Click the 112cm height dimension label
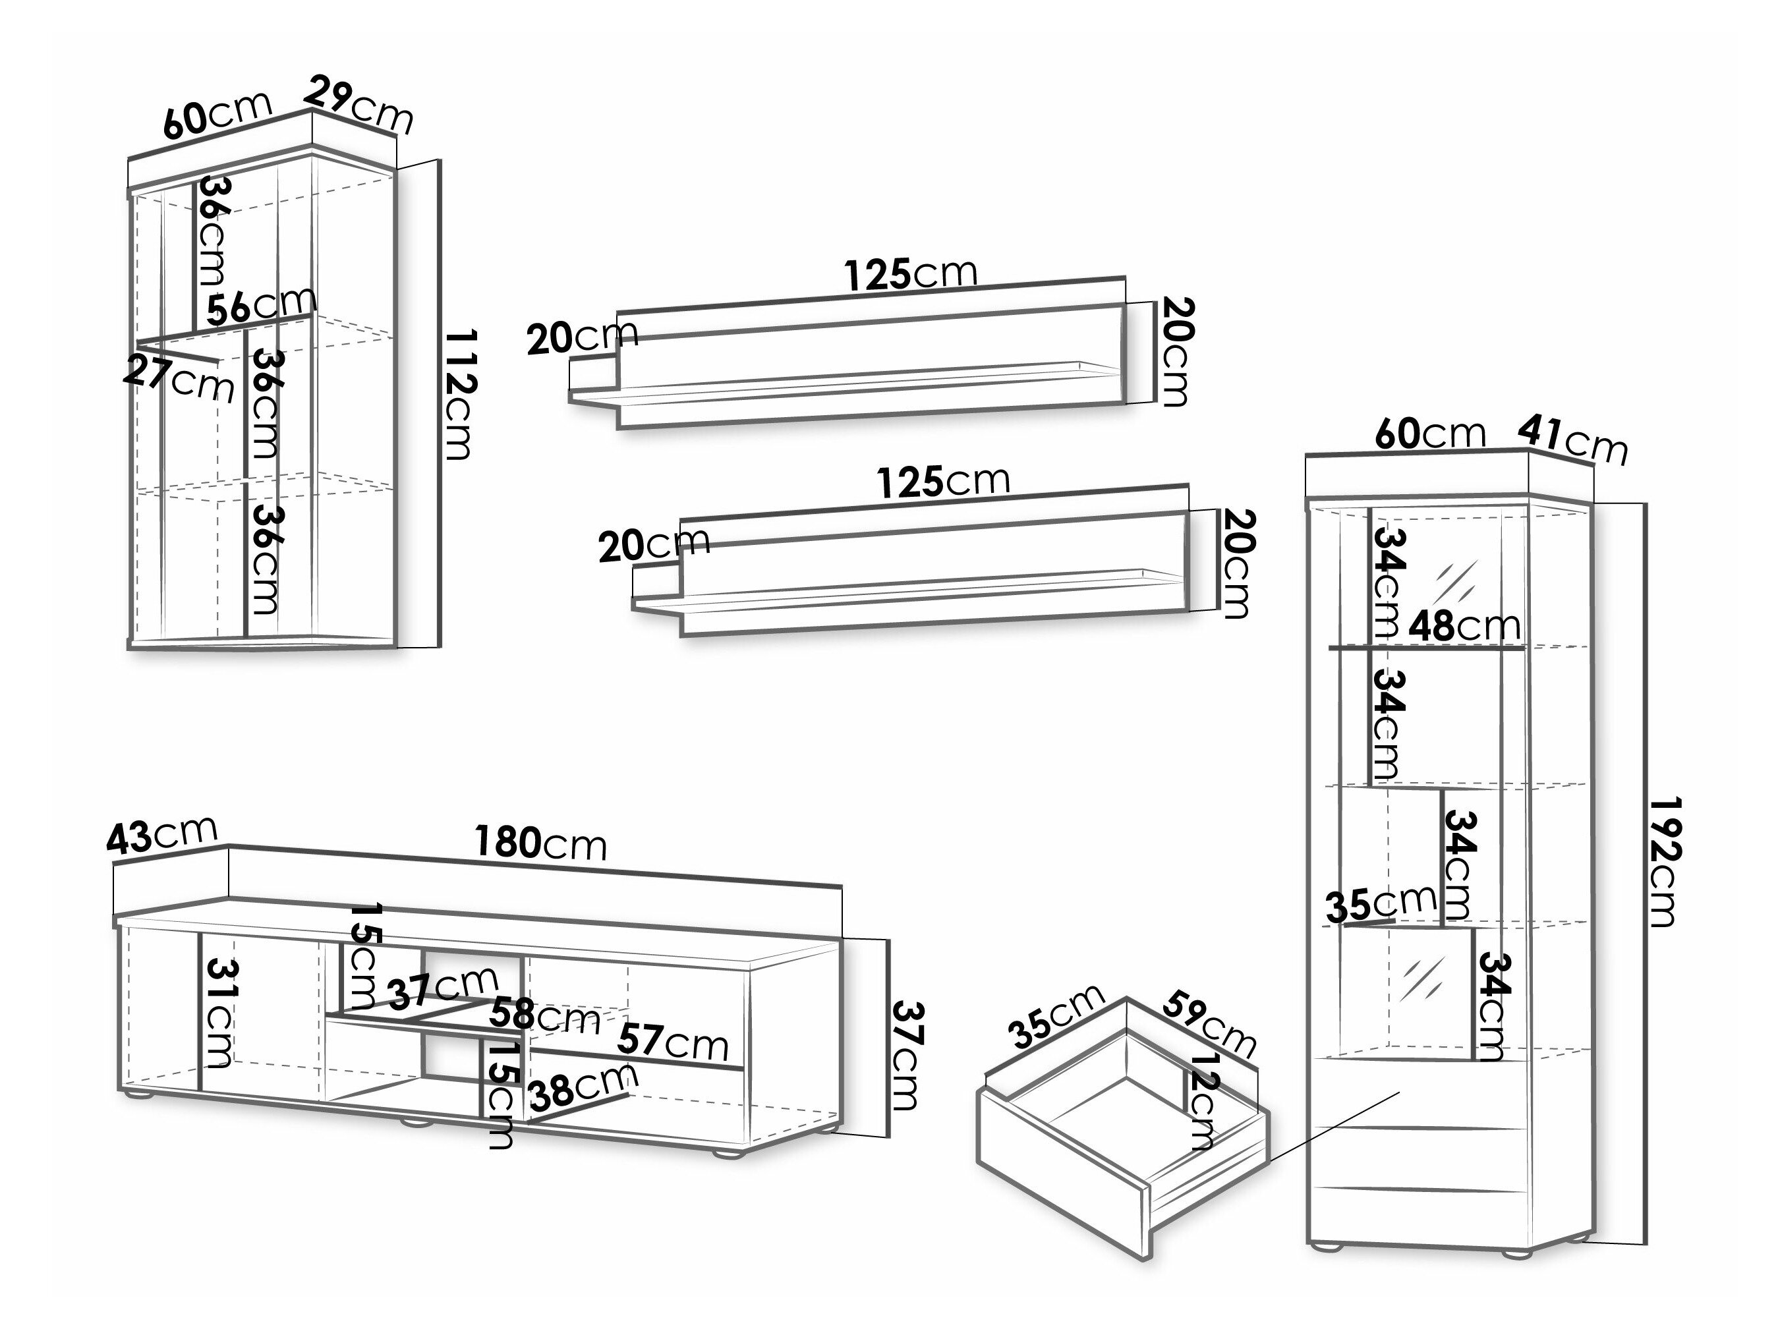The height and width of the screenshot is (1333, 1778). [461, 394]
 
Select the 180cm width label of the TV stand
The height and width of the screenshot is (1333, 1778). [540, 843]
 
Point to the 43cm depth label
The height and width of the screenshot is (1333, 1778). [161, 835]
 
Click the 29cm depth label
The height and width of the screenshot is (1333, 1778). [359, 105]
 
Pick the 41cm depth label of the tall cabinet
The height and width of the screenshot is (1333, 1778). [1572, 441]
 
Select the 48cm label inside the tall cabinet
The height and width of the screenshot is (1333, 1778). [1464, 626]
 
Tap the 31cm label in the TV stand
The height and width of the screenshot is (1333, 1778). [219, 1013]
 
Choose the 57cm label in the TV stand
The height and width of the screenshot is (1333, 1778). [672, 1043]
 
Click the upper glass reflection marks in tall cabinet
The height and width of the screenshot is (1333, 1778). [1456, 579]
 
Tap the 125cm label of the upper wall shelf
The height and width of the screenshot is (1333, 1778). [911, 275]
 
